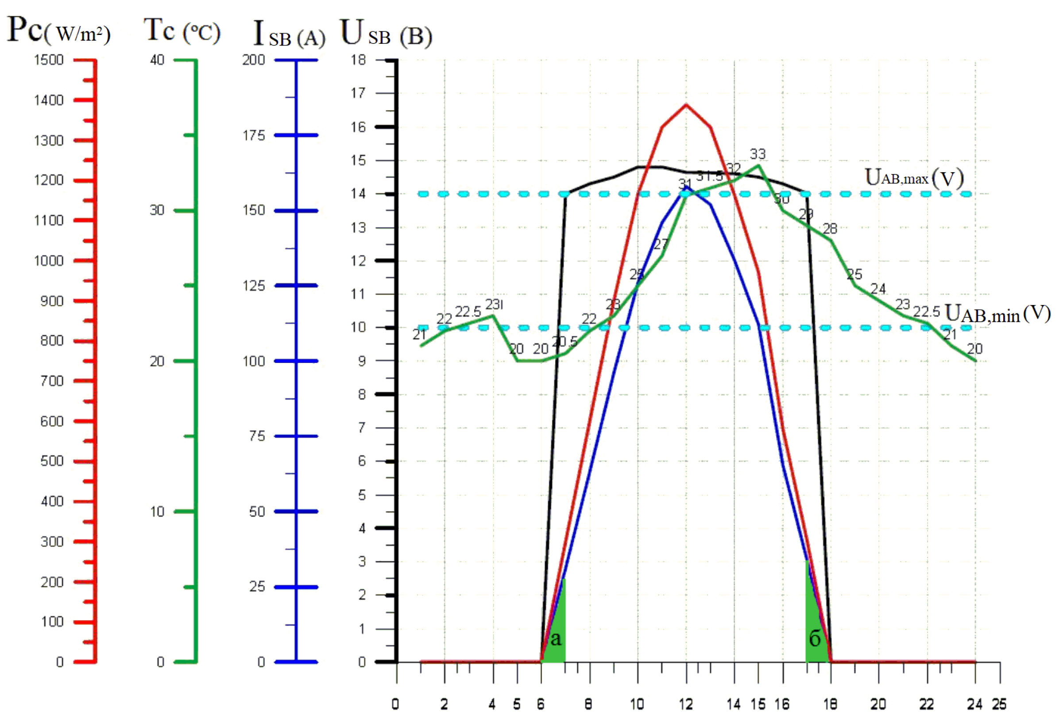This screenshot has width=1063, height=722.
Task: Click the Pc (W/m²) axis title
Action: [58, 30]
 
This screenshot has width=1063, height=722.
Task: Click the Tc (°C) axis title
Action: [182, 30]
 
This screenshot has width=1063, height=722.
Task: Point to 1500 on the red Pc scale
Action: [49, 60]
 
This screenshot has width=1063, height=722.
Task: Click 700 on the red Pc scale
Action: [52, 381]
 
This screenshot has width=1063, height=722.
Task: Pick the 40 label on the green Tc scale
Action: [157, 60]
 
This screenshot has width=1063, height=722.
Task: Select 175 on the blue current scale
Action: [254, 135]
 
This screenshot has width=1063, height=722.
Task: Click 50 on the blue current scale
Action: [257, 512]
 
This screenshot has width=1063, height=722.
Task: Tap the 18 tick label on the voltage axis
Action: [359, 60]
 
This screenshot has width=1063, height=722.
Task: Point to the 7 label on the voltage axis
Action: [362, 428]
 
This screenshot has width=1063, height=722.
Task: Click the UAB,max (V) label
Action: [914, 178]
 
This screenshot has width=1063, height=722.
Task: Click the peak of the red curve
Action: [686, 105]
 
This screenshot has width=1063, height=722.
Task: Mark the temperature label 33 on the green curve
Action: [758, 154]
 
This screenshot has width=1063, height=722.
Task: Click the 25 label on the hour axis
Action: [999, 705]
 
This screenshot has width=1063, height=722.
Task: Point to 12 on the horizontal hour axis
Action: [686, 705]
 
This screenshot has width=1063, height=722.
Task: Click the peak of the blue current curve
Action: [686, 187]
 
